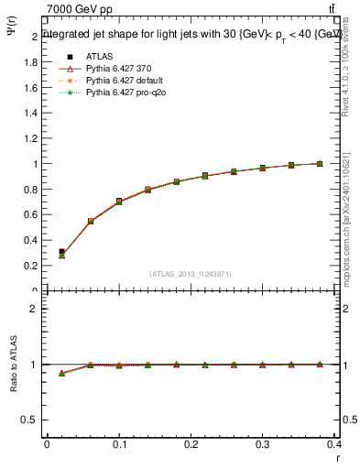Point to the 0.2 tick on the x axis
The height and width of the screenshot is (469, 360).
(191, 446)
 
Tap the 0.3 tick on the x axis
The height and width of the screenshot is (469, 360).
(263, 446)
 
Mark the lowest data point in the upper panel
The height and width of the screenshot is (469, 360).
(61, 254)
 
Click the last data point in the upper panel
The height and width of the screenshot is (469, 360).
(320, 164)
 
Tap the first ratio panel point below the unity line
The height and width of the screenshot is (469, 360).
(61, 374)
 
